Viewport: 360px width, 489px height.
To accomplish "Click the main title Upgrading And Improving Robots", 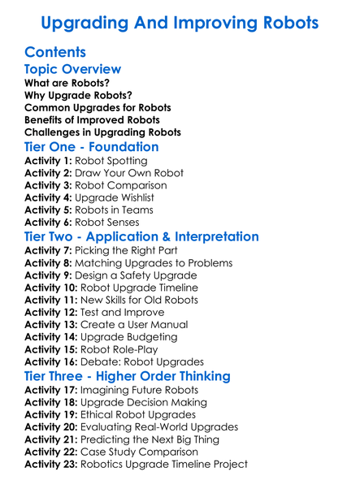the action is tap(180, 22).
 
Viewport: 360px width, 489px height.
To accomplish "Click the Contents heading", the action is tap(55, 53).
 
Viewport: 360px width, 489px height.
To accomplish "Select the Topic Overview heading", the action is tap(73, 70).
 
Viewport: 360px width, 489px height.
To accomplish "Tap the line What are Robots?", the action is tap(67, 83).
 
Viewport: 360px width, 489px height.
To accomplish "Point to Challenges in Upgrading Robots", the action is tap(102, 132).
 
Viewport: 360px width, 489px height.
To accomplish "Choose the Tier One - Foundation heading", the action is tap(92, 147).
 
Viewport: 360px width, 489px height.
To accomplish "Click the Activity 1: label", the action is tap(48, 161).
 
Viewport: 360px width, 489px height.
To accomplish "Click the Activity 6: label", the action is tap(48, 222).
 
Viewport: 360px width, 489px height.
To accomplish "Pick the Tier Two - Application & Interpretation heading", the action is tap(142, 237).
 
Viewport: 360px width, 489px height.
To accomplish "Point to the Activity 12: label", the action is tap(51, 312).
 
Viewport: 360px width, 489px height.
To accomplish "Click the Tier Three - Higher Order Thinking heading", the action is tap(128, 376).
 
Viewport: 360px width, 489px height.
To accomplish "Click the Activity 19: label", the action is tap(51, 414).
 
